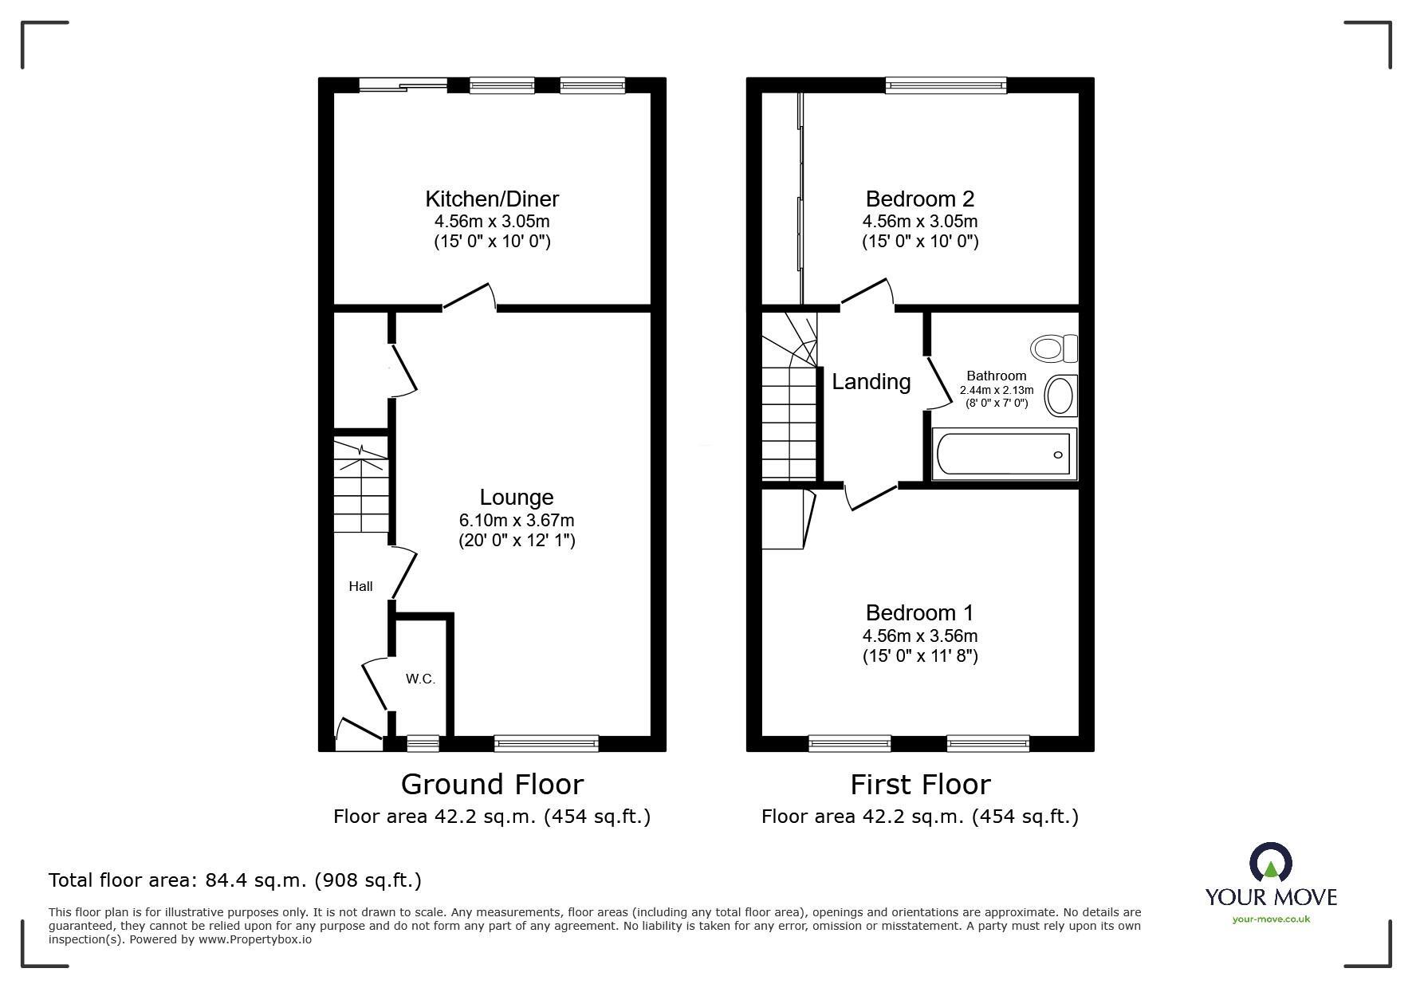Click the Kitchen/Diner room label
(492, 199)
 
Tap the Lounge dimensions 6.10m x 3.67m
(516, 520)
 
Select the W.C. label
(420, 679)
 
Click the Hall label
(360, 586)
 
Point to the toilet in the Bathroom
(1052, 348)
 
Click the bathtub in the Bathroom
(1004, 455)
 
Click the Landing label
(871, 382)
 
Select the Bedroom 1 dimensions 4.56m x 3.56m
(919, 636)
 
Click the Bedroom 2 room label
(919, 199)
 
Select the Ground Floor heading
(492, 785)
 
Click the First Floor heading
(919, 785)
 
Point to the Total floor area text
(235, 880)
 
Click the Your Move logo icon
(1270, 864)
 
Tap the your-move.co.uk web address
(1271, 919)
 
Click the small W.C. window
(423, 743)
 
